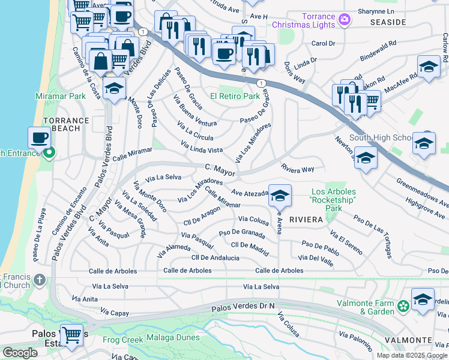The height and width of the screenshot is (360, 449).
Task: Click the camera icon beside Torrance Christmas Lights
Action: click(345, 20)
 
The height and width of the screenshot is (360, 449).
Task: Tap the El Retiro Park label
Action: click(235, 96)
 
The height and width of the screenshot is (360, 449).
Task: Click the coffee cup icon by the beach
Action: click(40, 137)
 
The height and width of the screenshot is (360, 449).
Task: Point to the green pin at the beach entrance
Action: click(49, 153)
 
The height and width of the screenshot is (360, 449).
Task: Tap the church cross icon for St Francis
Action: click(39, 280)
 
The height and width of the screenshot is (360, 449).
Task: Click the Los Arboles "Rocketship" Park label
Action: click(333, 199)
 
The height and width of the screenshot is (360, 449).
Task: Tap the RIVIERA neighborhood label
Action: click(306, 220)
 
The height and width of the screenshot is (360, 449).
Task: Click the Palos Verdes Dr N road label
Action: click(243, 307)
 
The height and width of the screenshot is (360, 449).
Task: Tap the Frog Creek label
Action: click(124, 340)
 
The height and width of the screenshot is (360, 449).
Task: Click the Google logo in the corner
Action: click(20, 353)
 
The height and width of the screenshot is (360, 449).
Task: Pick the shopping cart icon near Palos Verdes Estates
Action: click(72, 334)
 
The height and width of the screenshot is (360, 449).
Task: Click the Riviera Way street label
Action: click(298, 169)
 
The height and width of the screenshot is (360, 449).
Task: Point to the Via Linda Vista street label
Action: click(202, 146)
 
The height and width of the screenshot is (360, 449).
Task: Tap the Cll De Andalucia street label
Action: click(215, 258)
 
